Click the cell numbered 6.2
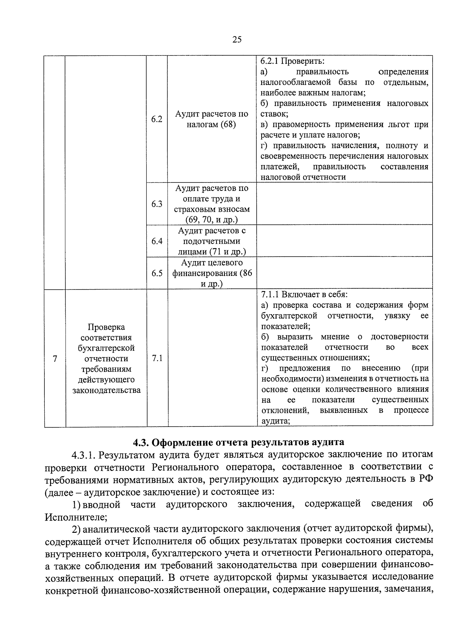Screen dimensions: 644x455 pyautogui.click(x=157, y=119)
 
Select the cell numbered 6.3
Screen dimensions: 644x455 pyautogui.click(x=157, y=204)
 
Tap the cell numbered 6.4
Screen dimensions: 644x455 pyautogui.click(x=157, y=241)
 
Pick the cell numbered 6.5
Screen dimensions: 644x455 pyautogui.click(x=157, y=273)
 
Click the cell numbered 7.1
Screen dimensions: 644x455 pyautogui.click(x=157, y=358)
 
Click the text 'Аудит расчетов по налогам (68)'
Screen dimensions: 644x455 pyautogui.click(x=212, y=119)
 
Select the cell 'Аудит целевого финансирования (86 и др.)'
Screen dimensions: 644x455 pyautogui.click(x=212, y=273)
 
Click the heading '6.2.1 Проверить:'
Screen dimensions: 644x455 pyautogui.click(x=292, y=61)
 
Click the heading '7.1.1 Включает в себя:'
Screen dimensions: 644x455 pyautogui.click(x=304, y=294)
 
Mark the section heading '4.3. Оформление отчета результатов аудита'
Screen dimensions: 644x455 pyautogui.click(x=238, y=442)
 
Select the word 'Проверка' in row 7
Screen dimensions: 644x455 pyautogui.click(x=106, y=327)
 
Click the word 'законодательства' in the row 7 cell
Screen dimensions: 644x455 pyautogui.click(x=106, y=390)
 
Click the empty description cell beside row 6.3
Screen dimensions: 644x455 pyautogui.click(x=344, y=204)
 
